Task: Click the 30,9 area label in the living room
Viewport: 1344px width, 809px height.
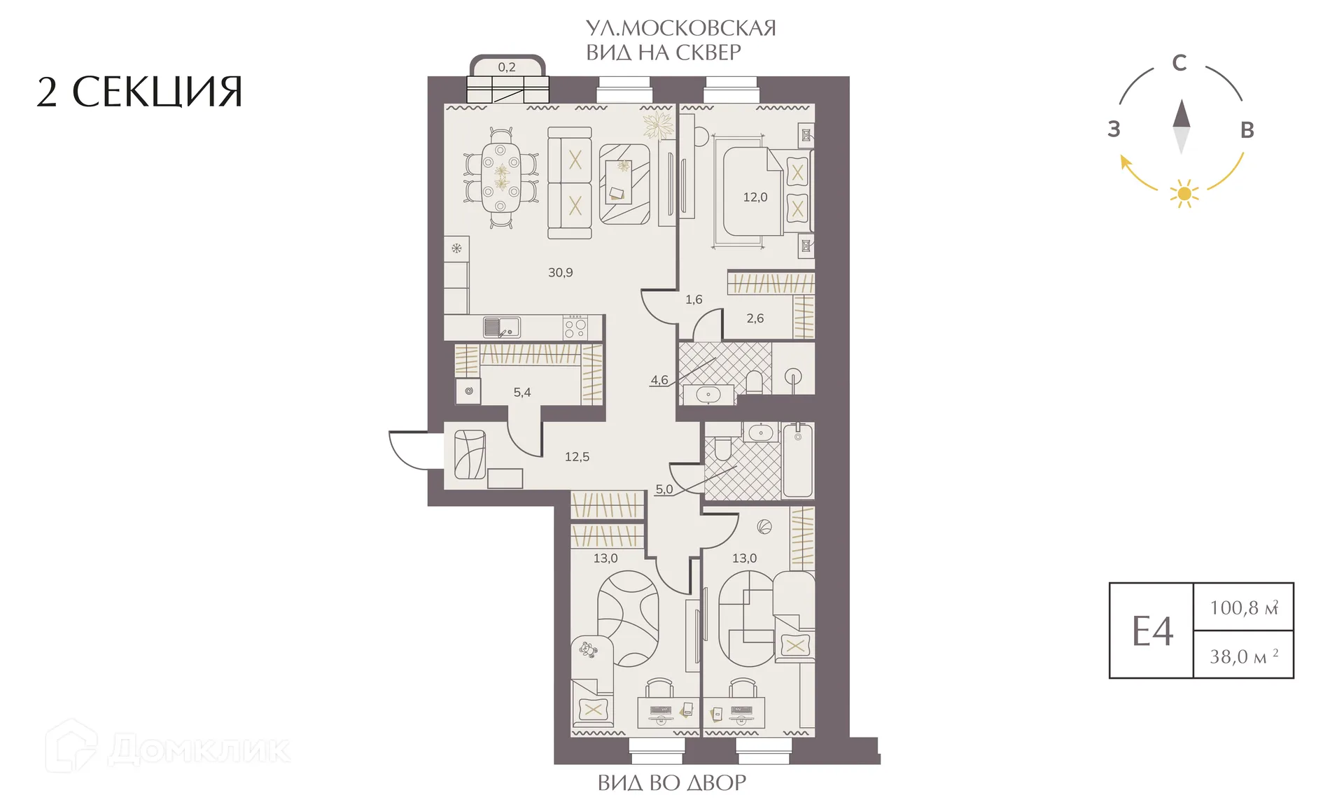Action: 560,272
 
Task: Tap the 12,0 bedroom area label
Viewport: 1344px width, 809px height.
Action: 755,197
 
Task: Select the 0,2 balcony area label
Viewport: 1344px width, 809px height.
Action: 507,67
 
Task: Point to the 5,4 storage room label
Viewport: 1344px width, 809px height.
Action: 522,393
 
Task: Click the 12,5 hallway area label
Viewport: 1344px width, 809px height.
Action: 577,457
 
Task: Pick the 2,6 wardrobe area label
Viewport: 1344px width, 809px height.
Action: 755,318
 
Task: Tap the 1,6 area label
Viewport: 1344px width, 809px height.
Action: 694,300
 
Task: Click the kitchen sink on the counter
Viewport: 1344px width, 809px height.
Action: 501,327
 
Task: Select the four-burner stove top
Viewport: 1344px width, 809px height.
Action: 575,327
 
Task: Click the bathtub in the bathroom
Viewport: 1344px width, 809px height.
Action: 798,460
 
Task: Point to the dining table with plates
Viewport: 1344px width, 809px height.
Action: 500,178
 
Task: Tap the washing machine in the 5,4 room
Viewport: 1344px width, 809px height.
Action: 468,391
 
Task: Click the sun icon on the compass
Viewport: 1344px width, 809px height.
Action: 1184,192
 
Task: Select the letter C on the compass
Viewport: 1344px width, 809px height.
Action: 1179,63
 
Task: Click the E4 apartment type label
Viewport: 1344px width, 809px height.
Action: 1152,631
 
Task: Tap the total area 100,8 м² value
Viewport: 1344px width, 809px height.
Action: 1244,607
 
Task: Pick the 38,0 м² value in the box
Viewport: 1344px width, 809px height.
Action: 1244,656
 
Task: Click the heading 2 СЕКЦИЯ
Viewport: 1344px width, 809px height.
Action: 139,92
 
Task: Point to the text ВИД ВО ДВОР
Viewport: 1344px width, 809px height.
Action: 672,782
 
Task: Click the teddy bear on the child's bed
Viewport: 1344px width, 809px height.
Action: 588,650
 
